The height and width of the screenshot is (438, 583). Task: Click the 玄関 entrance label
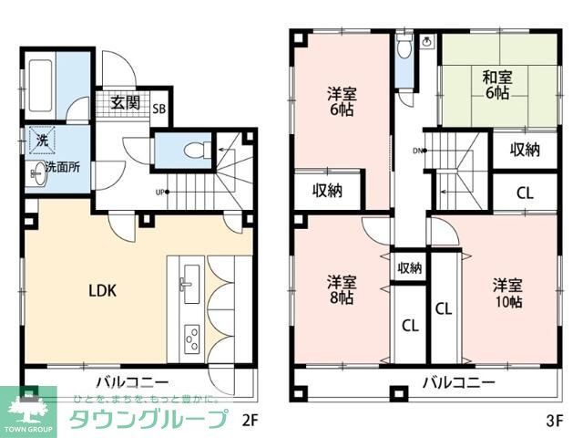pos(125,102)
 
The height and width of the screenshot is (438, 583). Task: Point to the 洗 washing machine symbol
pos(42,141)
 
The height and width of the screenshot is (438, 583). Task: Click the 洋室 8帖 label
pos(342,290)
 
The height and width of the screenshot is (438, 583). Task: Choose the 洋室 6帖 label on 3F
pos(342,100)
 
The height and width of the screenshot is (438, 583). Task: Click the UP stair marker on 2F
pos(161,192)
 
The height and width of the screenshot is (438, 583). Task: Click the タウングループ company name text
pos(147,421)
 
